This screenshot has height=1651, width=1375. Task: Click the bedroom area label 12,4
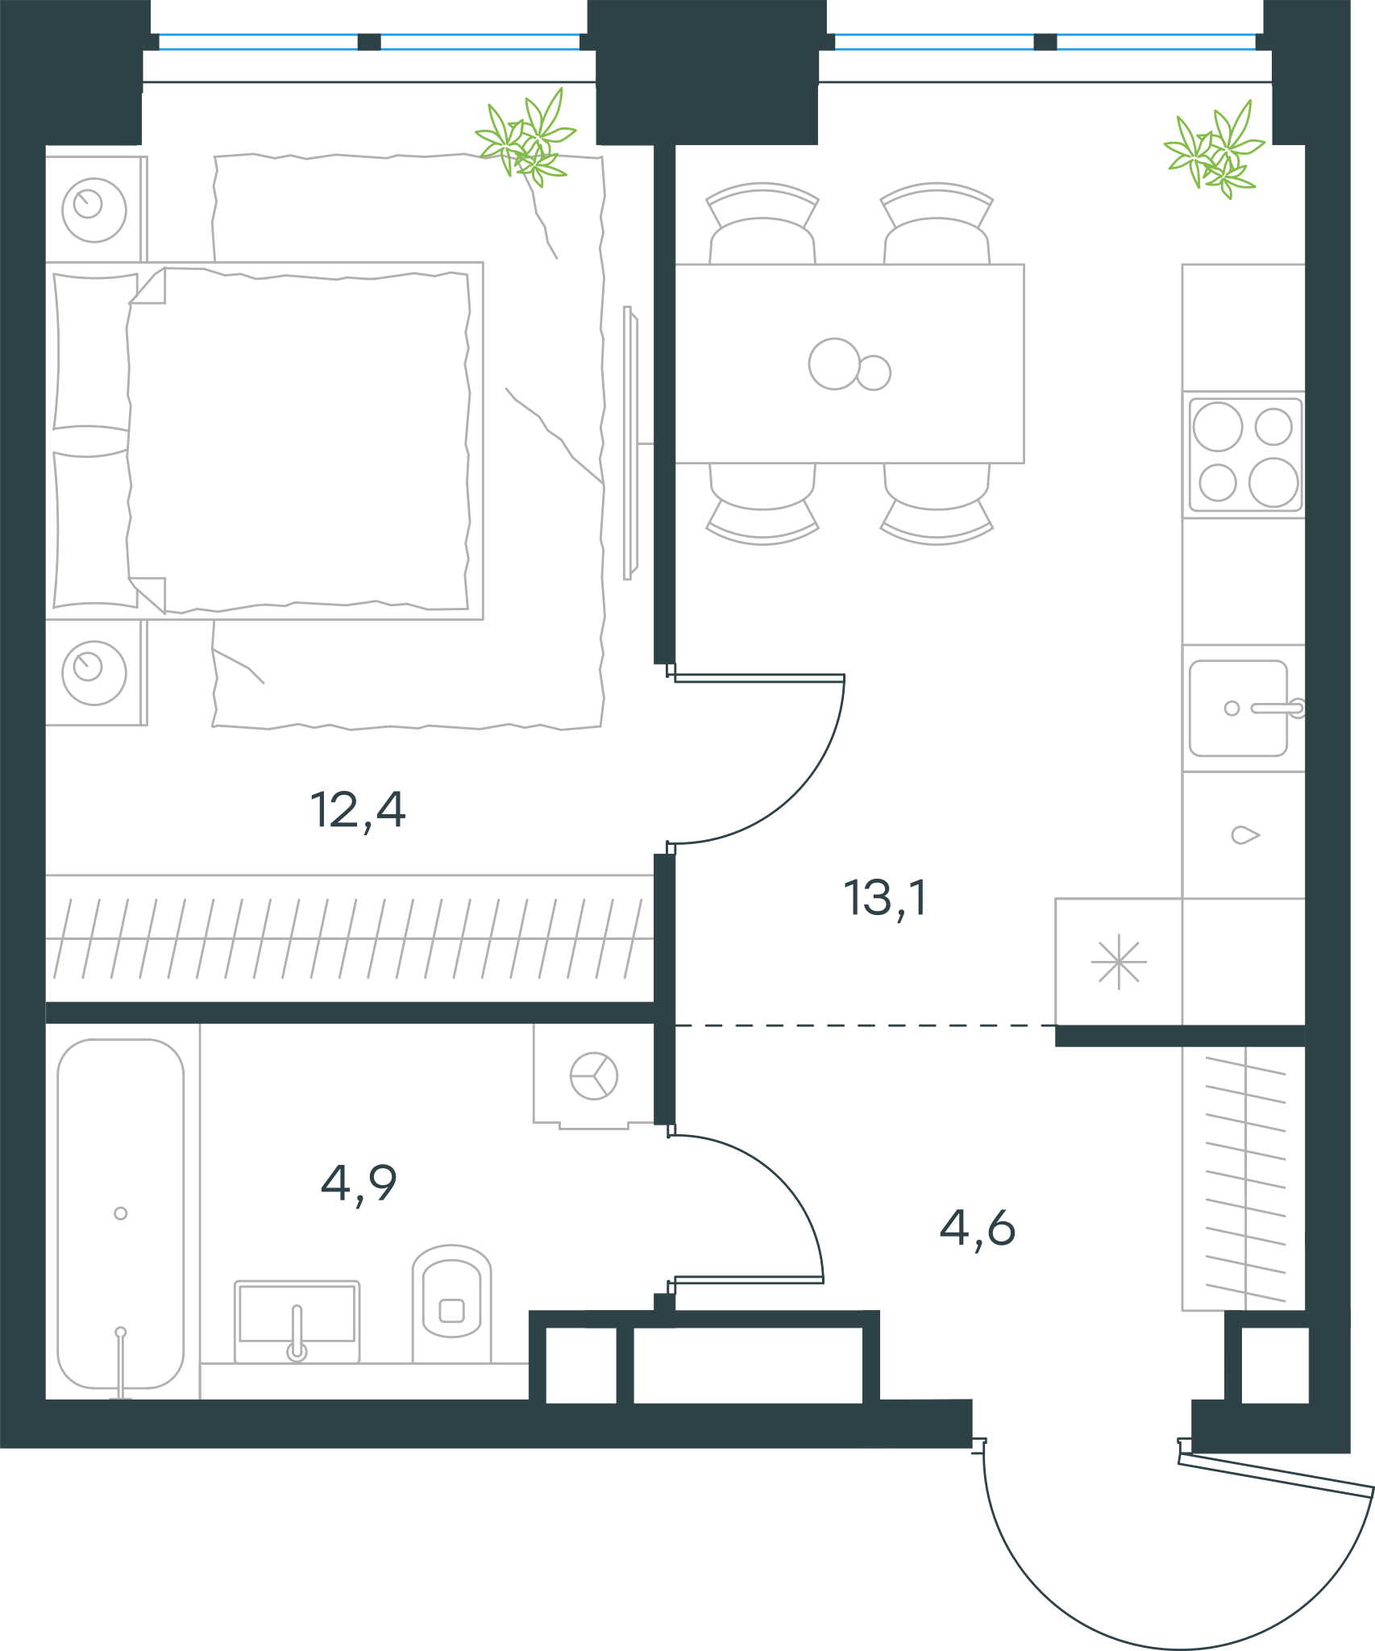click(358, 811)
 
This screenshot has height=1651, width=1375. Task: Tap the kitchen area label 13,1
click(886, 899)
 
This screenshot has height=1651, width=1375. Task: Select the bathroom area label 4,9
click(359, 1184)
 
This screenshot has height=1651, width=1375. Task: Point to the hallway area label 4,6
click(978, 1229)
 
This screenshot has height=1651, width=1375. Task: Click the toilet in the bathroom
click(451, 1304)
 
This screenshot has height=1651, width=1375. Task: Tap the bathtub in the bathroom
click(121, 1214)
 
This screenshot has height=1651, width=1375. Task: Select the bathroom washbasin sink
click(297, 1322)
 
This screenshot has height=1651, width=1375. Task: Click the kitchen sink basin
click(1239, 709)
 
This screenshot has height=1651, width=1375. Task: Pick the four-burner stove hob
click(1245, 455)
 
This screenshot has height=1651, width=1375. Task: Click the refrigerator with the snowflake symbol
click(1119, 962)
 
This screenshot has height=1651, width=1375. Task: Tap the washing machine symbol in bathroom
click(594, 1075)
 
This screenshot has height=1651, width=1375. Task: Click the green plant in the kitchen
click(1214, 150)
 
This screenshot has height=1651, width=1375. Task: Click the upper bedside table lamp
click(94, 210)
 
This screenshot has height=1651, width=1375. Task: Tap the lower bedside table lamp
click(94, 673)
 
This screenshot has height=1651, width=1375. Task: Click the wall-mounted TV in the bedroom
click(630, 443)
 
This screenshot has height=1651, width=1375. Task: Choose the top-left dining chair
click(762, 223)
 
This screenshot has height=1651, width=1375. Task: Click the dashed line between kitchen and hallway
click(865, 1025)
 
